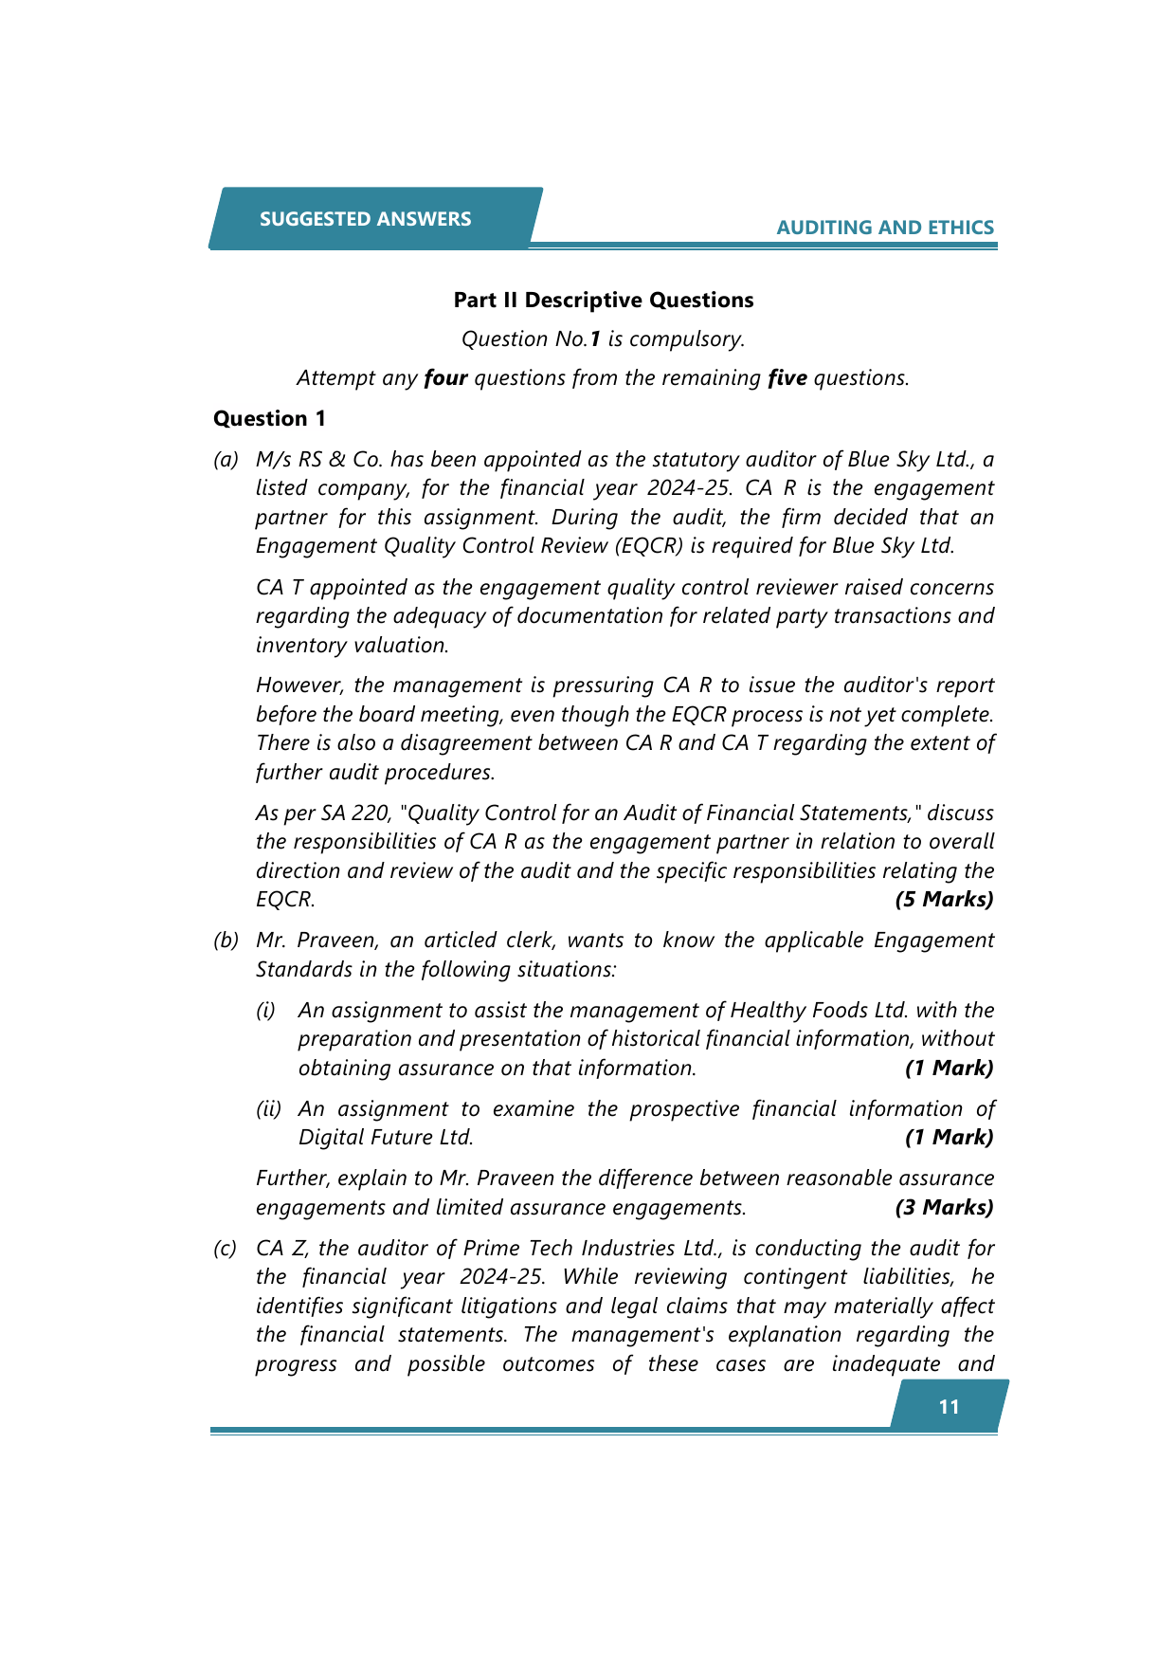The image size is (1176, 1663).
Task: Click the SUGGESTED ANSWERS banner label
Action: [x=365, y=219]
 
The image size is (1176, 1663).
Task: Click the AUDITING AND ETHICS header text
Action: [x=885, y=228]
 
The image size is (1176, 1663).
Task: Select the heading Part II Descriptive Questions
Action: [x=604, y=301]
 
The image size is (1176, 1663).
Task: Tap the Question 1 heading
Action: [x=270, y=419]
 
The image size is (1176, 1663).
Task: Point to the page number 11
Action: [x=949, y=1407]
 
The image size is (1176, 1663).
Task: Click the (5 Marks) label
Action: [x=944, y=900]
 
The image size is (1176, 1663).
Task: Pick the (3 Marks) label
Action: [x=944, y=1208]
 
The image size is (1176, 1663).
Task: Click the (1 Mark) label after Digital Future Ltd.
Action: [x=949, y=1138]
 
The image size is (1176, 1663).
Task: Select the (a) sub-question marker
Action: [x=226, y=460]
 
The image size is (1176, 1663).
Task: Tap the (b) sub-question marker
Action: [x=226, y=941]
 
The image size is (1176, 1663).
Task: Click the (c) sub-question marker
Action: [x=226, y=1249]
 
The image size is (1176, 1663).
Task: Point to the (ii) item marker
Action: [x=268, y=1109]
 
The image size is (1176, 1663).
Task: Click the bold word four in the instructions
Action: [x=445, y=378]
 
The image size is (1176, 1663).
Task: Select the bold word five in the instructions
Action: [x=787, y=378]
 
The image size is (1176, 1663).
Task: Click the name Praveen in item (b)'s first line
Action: [x=335, y=941]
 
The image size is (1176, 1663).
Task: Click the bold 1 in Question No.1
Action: [x=595, y=339]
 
